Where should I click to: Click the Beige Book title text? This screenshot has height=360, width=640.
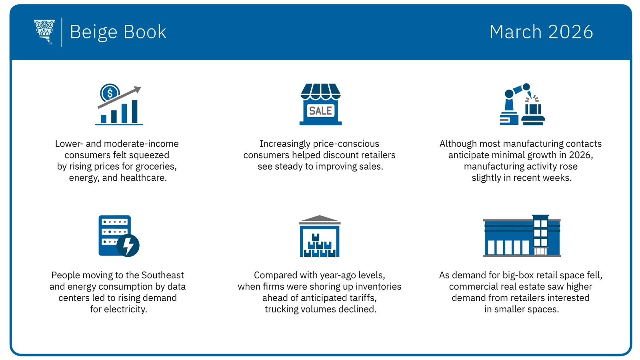pos(118,32)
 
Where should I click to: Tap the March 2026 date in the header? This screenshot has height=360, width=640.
pos(541,32)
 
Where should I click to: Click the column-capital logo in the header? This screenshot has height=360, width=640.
pos(44,31)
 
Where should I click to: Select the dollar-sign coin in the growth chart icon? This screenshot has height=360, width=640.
pos(110,93)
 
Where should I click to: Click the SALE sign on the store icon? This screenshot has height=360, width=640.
pos(320,111)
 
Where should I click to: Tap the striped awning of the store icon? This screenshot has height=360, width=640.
pos(320,91)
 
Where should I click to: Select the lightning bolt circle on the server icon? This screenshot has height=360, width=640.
pos(128,245)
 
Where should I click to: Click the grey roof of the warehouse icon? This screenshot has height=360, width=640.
pos(319,219)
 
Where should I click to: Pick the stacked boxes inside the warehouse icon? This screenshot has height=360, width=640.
pos(319,246)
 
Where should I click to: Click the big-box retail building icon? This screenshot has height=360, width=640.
pos(522,236)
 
